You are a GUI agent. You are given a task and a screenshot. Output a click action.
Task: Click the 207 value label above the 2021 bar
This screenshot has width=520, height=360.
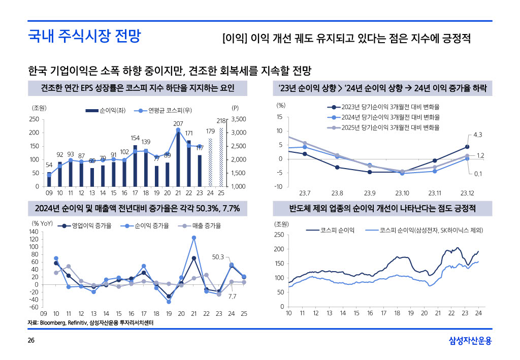click(178, 123)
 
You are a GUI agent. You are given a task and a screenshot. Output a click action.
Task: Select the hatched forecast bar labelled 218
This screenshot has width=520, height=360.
click(221, 157)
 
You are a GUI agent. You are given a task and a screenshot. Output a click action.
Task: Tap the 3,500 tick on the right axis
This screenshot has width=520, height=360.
click(238, 119)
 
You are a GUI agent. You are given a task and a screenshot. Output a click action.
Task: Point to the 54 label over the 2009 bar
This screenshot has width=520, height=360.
click(49, 165)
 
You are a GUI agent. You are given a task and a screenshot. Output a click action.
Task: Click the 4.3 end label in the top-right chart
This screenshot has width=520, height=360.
click(477, 135)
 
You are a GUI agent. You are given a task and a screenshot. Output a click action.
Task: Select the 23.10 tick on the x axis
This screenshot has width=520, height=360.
click(402, 193)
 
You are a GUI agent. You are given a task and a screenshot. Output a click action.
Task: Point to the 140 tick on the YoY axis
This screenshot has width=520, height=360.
click(35, 232)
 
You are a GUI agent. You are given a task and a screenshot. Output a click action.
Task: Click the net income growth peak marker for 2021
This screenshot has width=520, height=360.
click(194, 238)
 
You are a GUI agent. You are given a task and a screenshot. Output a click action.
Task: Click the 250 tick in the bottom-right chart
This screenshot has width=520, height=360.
click(279, 235)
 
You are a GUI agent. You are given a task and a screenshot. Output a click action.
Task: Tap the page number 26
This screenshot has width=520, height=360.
click(31, 341)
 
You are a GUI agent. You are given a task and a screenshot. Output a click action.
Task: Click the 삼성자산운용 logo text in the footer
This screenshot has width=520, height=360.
click(470, 341)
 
